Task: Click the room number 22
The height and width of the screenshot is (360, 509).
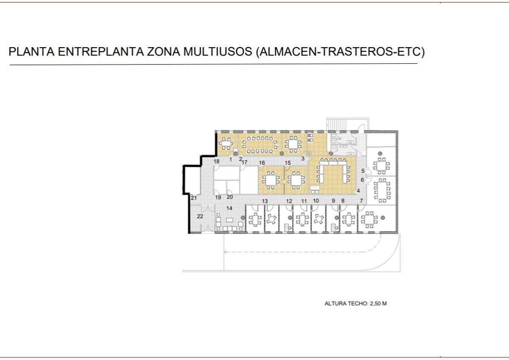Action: (x=200, y=216)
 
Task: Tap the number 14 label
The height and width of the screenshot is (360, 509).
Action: (x=229, y=208)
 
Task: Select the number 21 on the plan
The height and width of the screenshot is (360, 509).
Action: (x=193, y=198)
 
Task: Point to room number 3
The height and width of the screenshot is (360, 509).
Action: (x=303, y=158)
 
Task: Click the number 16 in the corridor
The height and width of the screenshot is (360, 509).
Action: (x=262, y=163)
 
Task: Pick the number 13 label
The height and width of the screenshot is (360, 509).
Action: (x=265, y=201)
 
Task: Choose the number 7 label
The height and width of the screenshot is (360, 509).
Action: (x=361, y=201)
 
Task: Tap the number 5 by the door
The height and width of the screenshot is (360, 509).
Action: (x=363, y=171)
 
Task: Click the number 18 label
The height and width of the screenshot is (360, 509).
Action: (x=217, y=161)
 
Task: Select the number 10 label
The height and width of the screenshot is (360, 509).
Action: (x=316, y=201)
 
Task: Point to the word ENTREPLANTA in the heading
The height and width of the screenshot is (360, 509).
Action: (x=101, y=51)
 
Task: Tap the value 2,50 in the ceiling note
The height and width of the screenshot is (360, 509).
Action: (x=375, y=304)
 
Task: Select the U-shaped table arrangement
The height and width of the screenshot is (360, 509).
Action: (x=333, y=171)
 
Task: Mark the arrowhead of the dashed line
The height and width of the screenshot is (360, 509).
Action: (x=225, y=252)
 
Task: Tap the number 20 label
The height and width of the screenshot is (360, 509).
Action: (x=230, y=197)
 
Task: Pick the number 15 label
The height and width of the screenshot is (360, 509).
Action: (x=288, y=163)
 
